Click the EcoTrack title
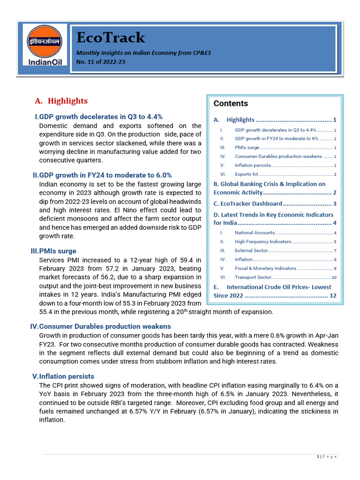pos(111,37)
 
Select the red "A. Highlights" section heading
pos(61,101)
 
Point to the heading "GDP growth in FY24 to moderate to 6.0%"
pos(102,175)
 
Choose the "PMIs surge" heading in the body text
pos(53,251)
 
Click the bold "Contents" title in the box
pos(231,104)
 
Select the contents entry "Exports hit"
pos(246,174)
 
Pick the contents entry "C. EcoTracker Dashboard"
pos(247,203)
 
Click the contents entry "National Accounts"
pos(254,232)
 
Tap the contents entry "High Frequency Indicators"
pos(262,241)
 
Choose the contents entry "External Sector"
pos(251,250)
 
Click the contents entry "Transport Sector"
pos(253,277)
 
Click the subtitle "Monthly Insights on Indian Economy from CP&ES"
pos(144,53)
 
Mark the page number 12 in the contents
pos(333,296)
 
